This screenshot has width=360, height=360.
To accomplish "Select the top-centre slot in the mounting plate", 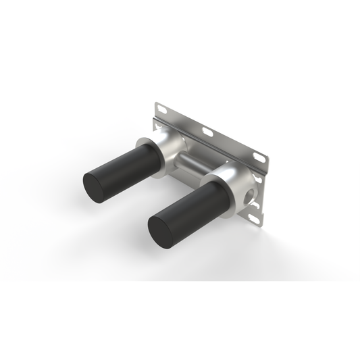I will pos(208,132).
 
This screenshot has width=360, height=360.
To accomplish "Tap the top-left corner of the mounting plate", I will pos(155,101).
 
